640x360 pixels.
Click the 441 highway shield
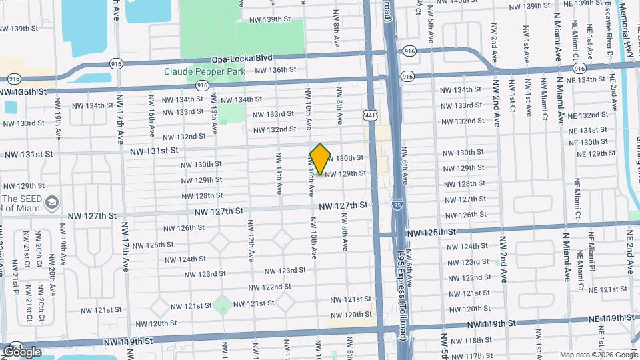point(371,115)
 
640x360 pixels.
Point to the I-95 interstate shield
point(397,199)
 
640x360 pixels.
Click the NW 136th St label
point(275,70)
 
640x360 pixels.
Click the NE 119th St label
point(614,318)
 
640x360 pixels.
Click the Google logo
point(22,351)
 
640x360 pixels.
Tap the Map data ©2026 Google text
point(598,355)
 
